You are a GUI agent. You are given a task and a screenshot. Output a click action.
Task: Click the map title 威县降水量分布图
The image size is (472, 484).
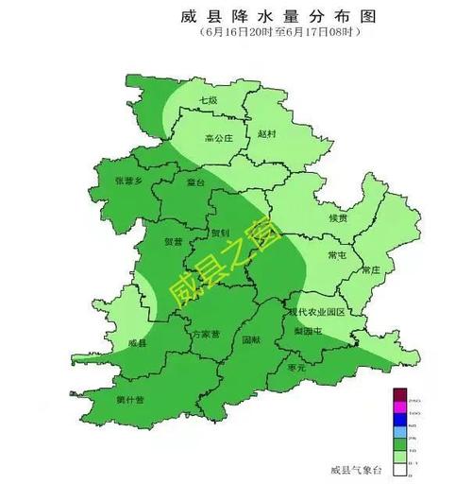(244, 16)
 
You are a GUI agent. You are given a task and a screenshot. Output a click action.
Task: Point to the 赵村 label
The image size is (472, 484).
(267, 134)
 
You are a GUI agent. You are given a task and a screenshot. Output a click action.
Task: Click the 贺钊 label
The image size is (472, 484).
(219, 232)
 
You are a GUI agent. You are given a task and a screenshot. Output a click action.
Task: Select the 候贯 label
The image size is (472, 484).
(337, 217)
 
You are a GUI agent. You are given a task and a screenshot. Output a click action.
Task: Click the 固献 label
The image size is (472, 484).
(250, 338)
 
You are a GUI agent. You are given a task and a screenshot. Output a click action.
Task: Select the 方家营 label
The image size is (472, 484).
(205, 334)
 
